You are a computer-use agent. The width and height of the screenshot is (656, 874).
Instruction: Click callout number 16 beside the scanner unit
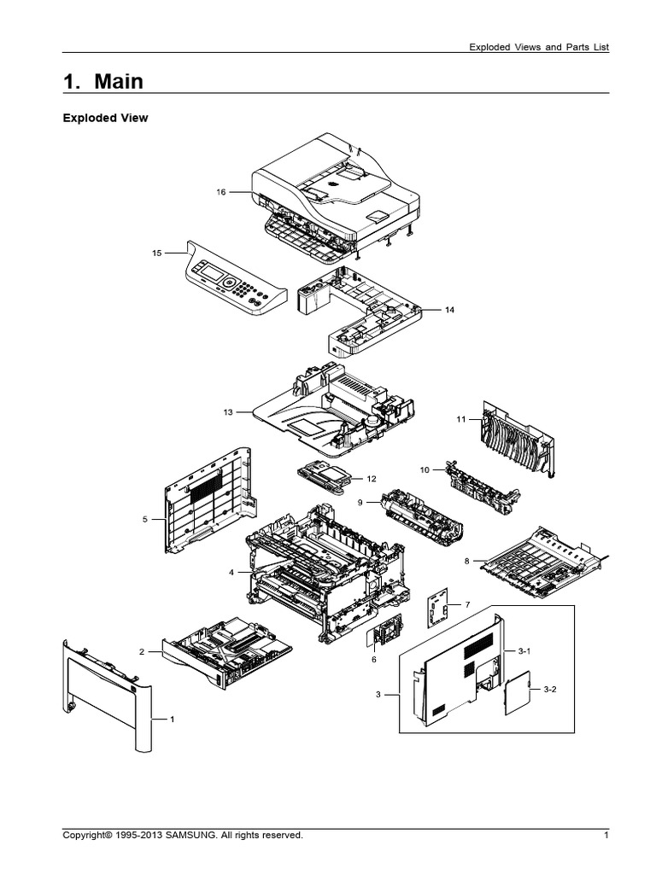click(x=220, y=192)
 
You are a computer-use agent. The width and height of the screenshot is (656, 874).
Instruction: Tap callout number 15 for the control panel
click(x=156, y=253)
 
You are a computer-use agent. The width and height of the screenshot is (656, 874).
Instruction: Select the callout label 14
click(x=449, y=310)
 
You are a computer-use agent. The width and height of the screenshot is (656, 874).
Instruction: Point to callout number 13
click(x=228, y=412)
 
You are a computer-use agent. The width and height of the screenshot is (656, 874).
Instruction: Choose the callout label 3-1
click(x=524, y=650)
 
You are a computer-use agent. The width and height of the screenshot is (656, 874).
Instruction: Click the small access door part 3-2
click(x=517, y=693)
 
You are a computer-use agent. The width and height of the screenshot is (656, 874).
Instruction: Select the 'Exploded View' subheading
click(x=105, y=119)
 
